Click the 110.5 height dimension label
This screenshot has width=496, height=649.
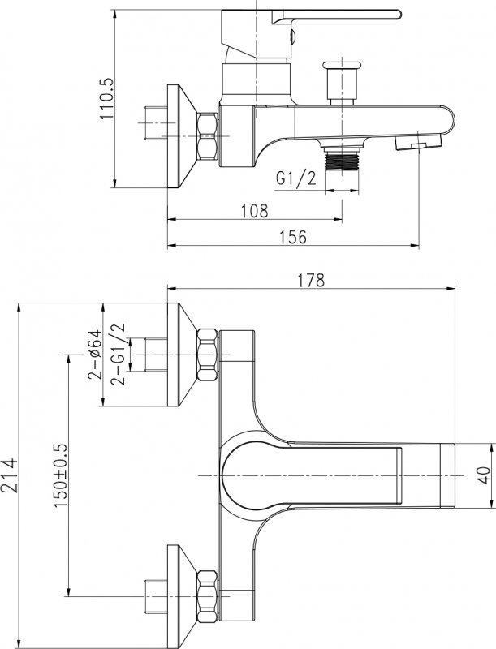click(x=107, y=98)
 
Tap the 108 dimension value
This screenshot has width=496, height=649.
click(x=255, y=211)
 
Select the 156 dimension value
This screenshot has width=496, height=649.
click(x=293, y=238)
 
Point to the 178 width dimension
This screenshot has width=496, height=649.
click(x=312, y=280)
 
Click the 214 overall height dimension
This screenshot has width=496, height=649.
click(x=9, y=475)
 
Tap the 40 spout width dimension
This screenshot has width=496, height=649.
click(x=483, y=475)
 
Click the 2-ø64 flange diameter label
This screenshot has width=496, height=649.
click(x=94, y=355)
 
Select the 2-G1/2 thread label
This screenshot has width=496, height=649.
click(x=117, y=355)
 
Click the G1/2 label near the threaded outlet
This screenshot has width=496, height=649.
click(x=295, y=178)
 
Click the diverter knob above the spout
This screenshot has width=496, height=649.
click(x=342, y=83)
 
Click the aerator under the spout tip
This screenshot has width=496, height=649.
click(x=418, y=144)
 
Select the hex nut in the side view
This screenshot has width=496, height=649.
click(x=207, y=135)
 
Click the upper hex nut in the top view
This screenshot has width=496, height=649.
click(x=207, y=355)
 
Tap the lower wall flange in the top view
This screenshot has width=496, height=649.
click(x=181, y=596)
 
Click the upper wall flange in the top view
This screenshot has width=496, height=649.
click(x=181, y=355)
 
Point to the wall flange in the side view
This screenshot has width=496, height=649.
click(x=181, y=136)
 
